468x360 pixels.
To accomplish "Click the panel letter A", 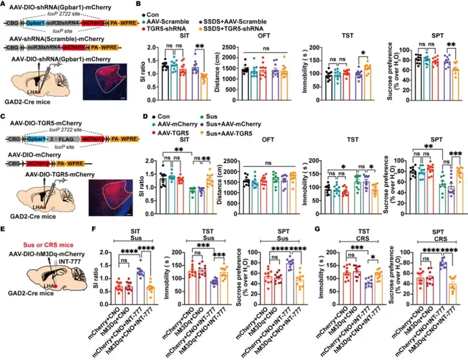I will coord(5,5).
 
